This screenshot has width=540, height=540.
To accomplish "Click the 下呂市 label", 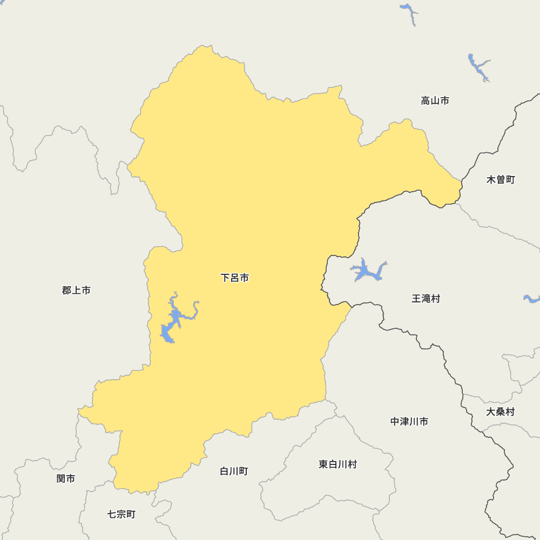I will click(x=235, y=278).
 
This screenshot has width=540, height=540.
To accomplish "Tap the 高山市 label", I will click(x=435, y=100).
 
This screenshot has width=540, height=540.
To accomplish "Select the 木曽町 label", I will click(x=501, y=180).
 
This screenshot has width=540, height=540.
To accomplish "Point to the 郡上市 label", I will click(x=76, y=291).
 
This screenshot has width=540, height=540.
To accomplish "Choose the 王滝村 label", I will click(x=426, y=299).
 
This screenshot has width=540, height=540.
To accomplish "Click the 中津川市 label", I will click(x=409, y=422).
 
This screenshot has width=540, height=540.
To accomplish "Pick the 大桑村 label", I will click(x=500, y=412).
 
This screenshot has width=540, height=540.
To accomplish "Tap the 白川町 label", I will click(x=234, y=471).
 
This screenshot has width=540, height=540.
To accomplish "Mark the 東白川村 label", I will click(x=337, y=464).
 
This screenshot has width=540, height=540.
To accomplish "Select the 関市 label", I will click(x=66, y=478).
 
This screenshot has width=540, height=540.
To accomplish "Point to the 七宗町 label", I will click(x=121, y=515).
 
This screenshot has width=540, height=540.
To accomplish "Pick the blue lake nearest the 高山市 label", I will click(x=478, y=67).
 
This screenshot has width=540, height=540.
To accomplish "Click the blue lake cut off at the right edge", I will click(x=532, y=299).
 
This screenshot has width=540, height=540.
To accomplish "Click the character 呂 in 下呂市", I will click(x=235, y=278).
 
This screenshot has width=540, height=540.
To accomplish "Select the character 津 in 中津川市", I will click(x=404, y=422).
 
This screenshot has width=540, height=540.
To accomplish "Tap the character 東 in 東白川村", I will click(x=323, y=464).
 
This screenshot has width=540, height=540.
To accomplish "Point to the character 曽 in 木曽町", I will click(x=501, y=180).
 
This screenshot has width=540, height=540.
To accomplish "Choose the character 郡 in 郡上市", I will click(x=67, y=291).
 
